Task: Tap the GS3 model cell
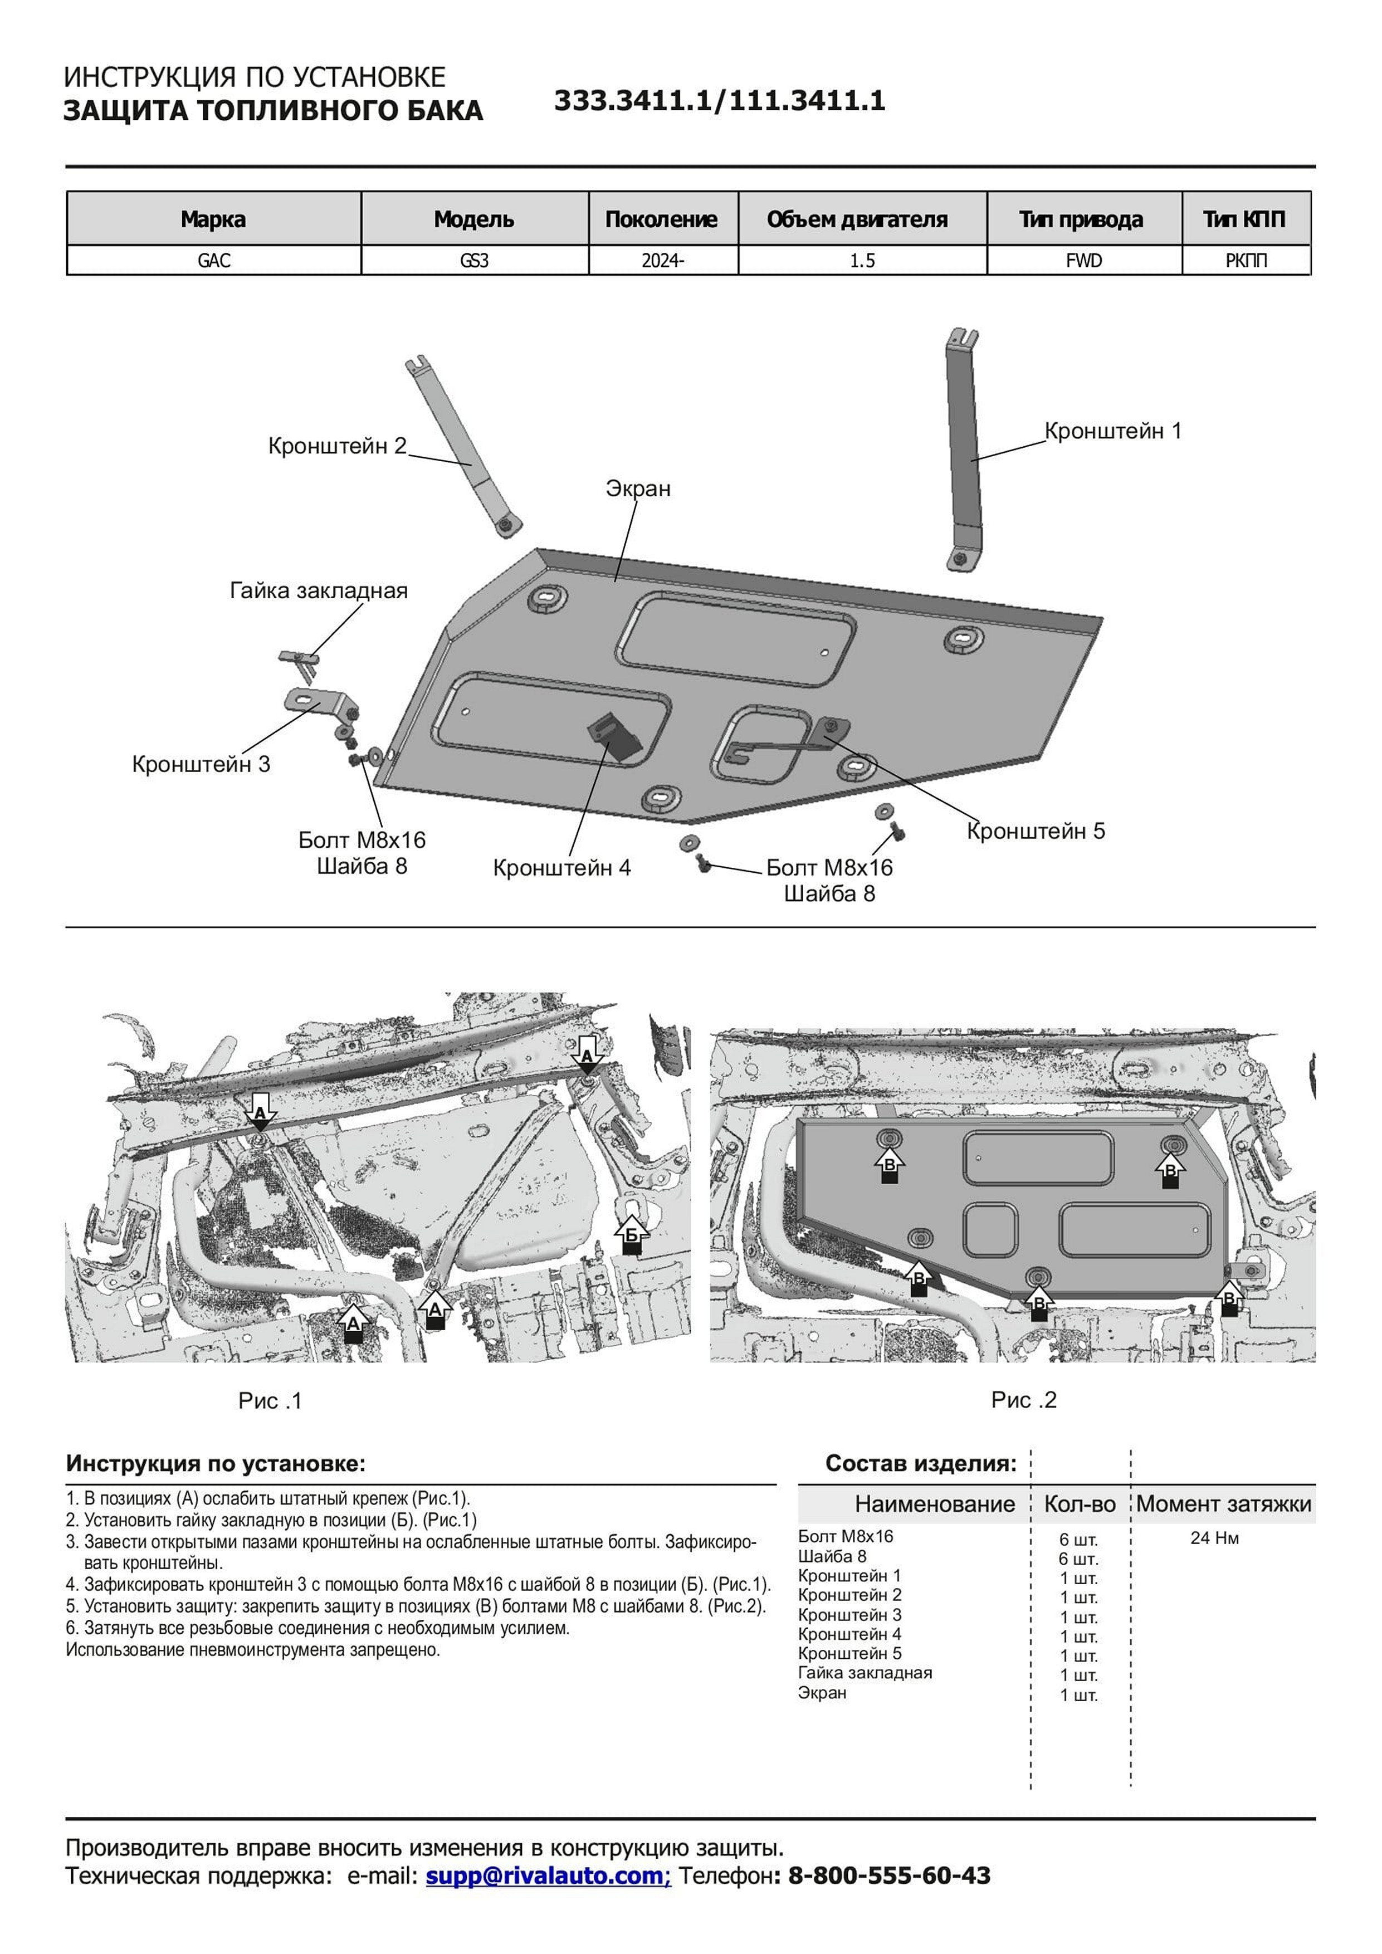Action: [474, 261]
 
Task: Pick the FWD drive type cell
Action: [1083, 261]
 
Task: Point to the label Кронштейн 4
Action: [561, 868]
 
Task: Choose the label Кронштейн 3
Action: [201, 764]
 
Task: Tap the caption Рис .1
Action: [270, 1401]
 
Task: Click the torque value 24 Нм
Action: [1214, 1538]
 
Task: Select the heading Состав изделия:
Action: [921, 1464]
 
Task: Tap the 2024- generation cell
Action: [663, 261]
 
